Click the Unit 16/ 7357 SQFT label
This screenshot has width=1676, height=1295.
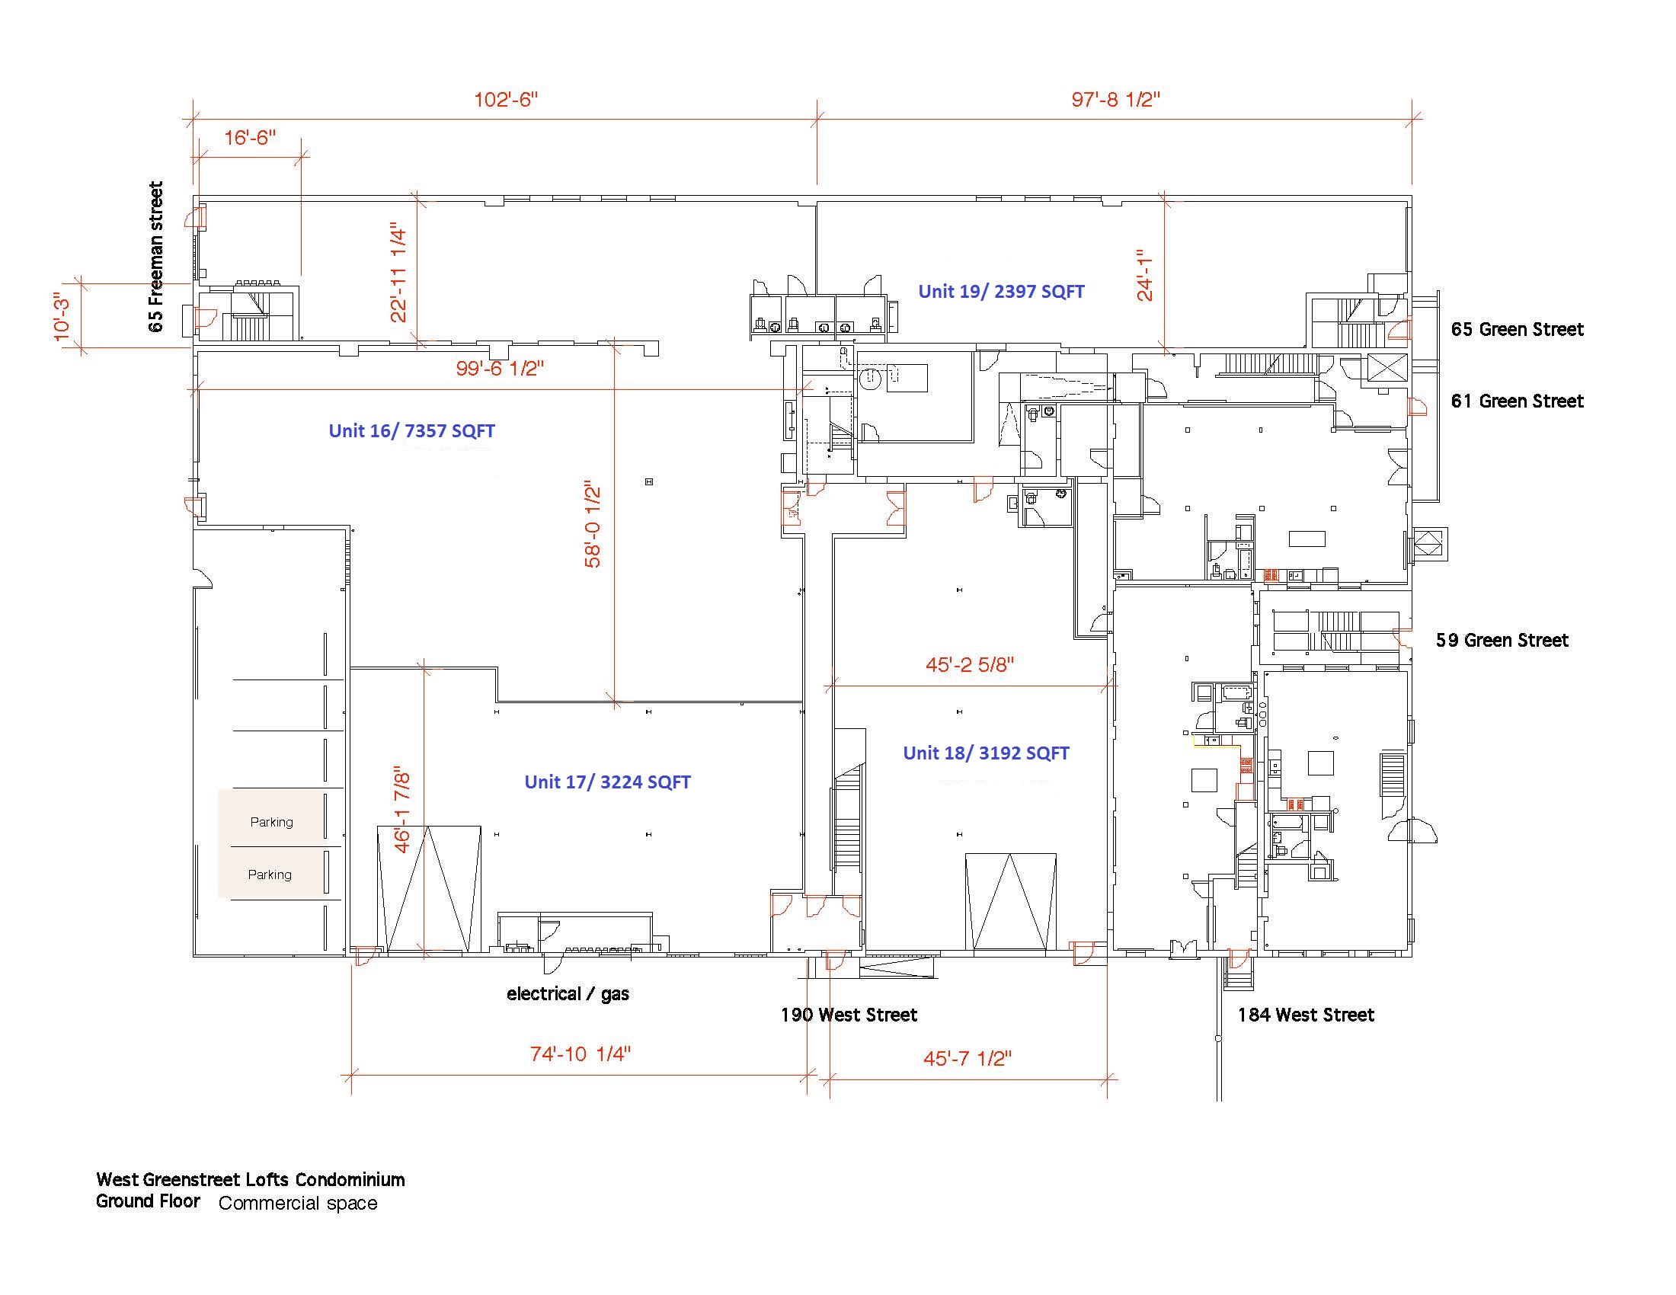point(412,431)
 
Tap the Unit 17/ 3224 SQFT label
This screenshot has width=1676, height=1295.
point(608,782)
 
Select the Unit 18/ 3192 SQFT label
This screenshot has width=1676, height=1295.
point(986,753)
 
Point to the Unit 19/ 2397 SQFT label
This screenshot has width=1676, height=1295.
point(1002,292)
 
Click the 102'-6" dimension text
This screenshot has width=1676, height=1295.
point(507,100)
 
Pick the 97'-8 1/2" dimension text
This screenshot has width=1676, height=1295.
point(1116,100)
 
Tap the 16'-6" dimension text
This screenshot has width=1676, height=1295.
point(250,138)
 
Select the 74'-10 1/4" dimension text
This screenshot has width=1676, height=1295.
point(581,1054)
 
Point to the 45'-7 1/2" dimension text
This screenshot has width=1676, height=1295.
point(968,1059)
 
